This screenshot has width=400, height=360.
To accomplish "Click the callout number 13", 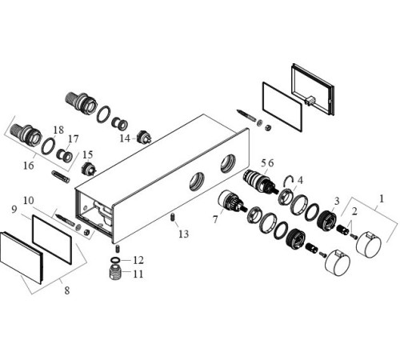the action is click(183, 234).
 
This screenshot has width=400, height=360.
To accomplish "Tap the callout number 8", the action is click(67, 290).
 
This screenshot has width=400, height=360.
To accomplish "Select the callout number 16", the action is click(29, 166).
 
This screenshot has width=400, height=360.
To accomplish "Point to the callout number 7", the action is click(215, 219).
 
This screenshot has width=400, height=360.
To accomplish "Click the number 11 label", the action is click(138, 274).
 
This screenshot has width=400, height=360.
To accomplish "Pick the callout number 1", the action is click(382, 198).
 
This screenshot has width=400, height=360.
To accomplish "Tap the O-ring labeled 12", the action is click(115, 260).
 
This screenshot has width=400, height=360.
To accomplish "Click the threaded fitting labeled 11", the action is click(115, 272).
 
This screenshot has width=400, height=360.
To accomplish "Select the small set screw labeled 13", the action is click(172, 217).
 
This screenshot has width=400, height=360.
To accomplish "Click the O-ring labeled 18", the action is click(49, 146).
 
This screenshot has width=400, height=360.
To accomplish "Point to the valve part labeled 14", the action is click(144, 138).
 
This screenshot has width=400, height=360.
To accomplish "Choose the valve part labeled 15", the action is click(89, 169).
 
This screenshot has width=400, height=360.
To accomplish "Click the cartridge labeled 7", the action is click(231, 202).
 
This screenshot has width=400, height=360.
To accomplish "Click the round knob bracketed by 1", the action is click(369, 245).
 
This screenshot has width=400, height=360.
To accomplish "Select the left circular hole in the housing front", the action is click(197, 182).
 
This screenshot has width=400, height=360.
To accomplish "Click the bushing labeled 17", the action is click(65, 155).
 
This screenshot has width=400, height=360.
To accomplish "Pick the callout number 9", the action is click(14, 210).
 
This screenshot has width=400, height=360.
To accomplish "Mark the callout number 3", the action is click(337, 201).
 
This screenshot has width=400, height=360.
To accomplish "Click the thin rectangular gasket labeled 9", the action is click(52, 239).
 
